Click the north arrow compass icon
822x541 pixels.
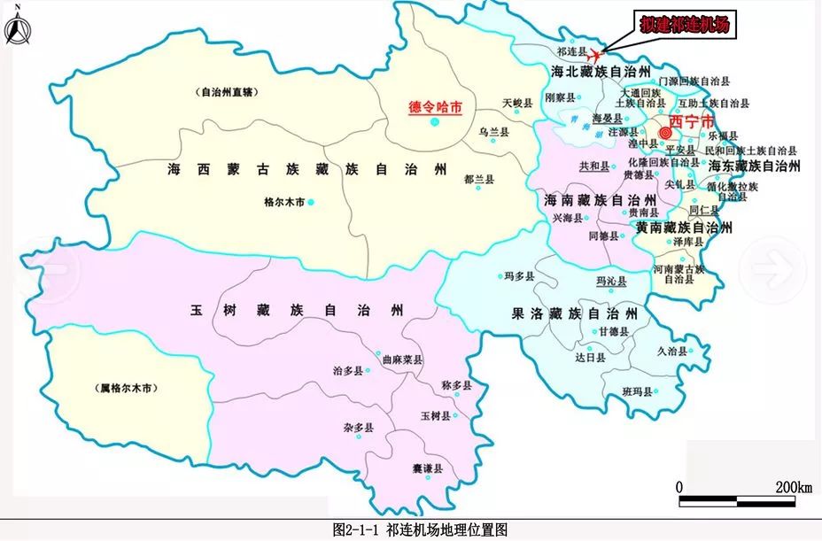coord(17,28)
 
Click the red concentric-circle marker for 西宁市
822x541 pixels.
coord(665,134)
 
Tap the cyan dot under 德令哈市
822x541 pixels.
coord(434,122)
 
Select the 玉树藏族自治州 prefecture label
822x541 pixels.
coord(296,311)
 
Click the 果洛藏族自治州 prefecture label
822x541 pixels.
coord(574,313)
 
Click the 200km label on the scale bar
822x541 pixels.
coord(794,487)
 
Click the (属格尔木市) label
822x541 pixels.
coord(127,389)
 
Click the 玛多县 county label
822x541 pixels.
coord(518,276)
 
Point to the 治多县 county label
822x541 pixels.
coord(348,370)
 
